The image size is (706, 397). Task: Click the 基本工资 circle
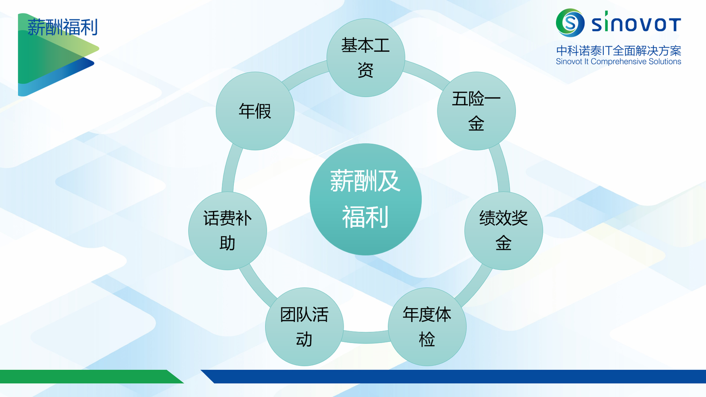[365, 58]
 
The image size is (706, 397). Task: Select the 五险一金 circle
[476, 111]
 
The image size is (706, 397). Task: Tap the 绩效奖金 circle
[503, 231]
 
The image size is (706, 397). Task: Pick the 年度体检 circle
[427, 327]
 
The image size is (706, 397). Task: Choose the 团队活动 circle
[304, 327]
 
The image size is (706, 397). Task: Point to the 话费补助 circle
[227, 231]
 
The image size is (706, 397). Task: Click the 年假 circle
[255, 111]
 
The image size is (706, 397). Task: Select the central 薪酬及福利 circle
[365, 199]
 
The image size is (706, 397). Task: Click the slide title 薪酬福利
[63, 27]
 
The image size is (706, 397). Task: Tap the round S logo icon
[570, 23]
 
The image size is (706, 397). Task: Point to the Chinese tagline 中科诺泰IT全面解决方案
[619, 51]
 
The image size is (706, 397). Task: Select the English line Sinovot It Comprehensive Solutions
[619, 62]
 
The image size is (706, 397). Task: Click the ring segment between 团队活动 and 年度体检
[365, 337]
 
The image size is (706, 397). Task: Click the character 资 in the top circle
[365, 70]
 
